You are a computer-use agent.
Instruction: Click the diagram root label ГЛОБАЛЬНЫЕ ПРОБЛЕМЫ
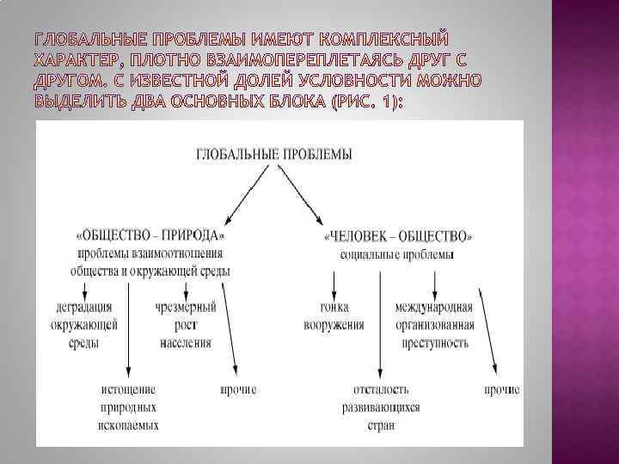click(x=274, y=155)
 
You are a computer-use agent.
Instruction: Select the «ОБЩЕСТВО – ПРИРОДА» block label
click(x=152, y=235)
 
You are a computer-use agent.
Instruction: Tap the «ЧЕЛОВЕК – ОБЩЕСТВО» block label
click(x=397, y=236)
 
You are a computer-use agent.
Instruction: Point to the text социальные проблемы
click(x=397, y=254)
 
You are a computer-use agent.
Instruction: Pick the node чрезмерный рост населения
click(x=186, y=324)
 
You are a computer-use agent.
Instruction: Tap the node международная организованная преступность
click(x=434, y=324)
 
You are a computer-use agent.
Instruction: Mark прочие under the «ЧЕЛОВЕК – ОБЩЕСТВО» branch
click(x=500, y=389)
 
